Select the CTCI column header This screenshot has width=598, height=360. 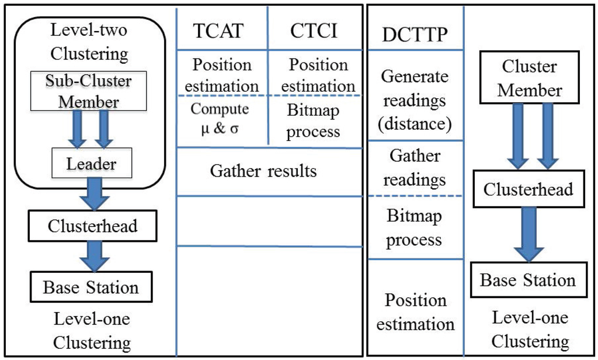pos(314,30)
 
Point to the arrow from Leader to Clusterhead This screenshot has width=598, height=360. pos(94,193)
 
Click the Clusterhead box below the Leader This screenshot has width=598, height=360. pos(93,226)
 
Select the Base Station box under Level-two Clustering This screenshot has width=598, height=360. pos(91,287)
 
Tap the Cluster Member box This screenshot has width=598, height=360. pos(530,79)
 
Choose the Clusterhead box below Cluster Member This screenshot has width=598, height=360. pos(529,189)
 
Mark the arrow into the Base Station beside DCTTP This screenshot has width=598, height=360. pos(530,233)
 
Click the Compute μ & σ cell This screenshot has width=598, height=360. pos(220,119)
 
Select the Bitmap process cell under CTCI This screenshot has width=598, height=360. pos(314,120)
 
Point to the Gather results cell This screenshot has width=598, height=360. pos(263,171)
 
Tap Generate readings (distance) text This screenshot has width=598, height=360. pos(414,101)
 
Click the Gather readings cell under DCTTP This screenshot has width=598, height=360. pos(414,167)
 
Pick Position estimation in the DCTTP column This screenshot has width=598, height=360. pos(415,311)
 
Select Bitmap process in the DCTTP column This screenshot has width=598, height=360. pos(415,227)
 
